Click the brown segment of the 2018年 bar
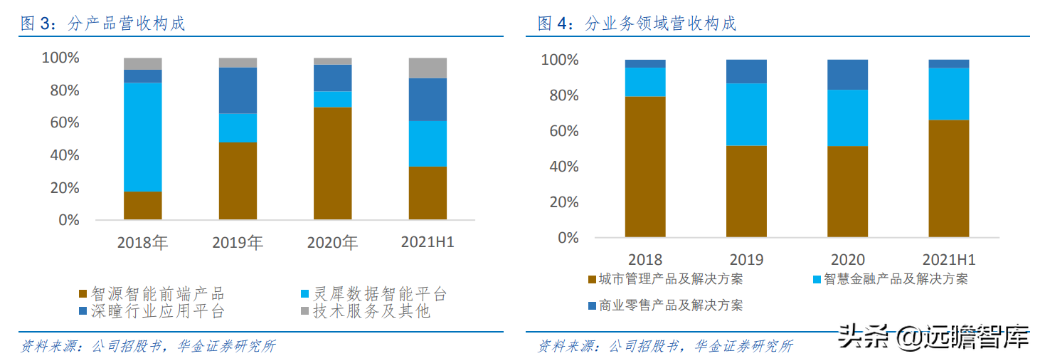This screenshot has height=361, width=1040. (142, 205)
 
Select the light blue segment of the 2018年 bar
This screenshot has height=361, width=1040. (142, 137)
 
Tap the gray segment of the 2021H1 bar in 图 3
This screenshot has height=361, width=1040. (428, 68)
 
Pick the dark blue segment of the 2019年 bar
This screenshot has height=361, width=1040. (238, 90)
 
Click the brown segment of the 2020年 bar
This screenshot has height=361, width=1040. (332, 163)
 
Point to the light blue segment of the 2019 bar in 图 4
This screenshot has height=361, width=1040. (746, 115)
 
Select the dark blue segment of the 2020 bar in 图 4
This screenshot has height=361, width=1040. (847, 75)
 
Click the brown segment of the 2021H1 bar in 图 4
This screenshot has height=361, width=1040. (948, 178)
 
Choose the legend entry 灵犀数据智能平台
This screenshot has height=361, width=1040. (374, 293)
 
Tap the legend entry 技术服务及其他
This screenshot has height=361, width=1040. (364, 311)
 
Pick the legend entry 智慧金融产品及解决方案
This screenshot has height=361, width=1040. (890, 279)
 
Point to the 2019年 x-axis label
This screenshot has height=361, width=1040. (238, 243)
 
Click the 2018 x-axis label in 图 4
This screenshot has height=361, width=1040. (645, 259)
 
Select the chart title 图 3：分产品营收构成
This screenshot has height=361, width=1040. (103, 23)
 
